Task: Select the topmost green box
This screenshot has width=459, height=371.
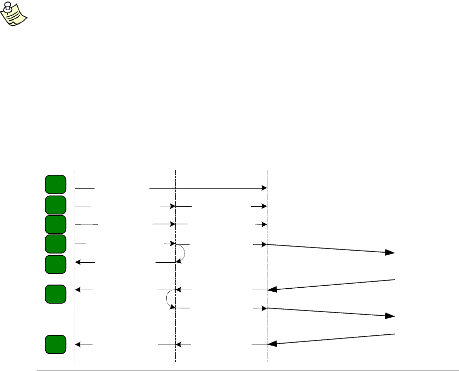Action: pos(55,184)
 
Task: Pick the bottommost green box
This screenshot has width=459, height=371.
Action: pos(55,344)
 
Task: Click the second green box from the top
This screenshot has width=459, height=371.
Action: pos(55,204)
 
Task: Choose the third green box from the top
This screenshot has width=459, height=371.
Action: pos(55,224)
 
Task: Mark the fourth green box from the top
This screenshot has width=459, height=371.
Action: pos(55,244)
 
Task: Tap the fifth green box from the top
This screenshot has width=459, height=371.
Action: pos(55,264)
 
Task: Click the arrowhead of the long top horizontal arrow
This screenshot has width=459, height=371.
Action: pos(264,188)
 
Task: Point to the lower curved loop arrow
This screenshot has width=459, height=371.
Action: pos(169,299)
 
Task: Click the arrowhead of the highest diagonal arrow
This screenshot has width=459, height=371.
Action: pos(390,252)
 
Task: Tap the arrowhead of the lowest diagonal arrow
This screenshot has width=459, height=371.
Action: pos(272,344)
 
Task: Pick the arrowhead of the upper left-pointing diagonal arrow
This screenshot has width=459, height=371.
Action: pos(272,290)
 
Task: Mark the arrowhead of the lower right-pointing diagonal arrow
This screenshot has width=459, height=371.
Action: pos(390,316)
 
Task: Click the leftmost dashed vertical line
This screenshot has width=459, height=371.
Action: pos(75,315)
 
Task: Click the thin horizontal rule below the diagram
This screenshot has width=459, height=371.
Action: pos(244,370)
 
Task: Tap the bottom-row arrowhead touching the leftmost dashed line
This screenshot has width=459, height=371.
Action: pos(78,345)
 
